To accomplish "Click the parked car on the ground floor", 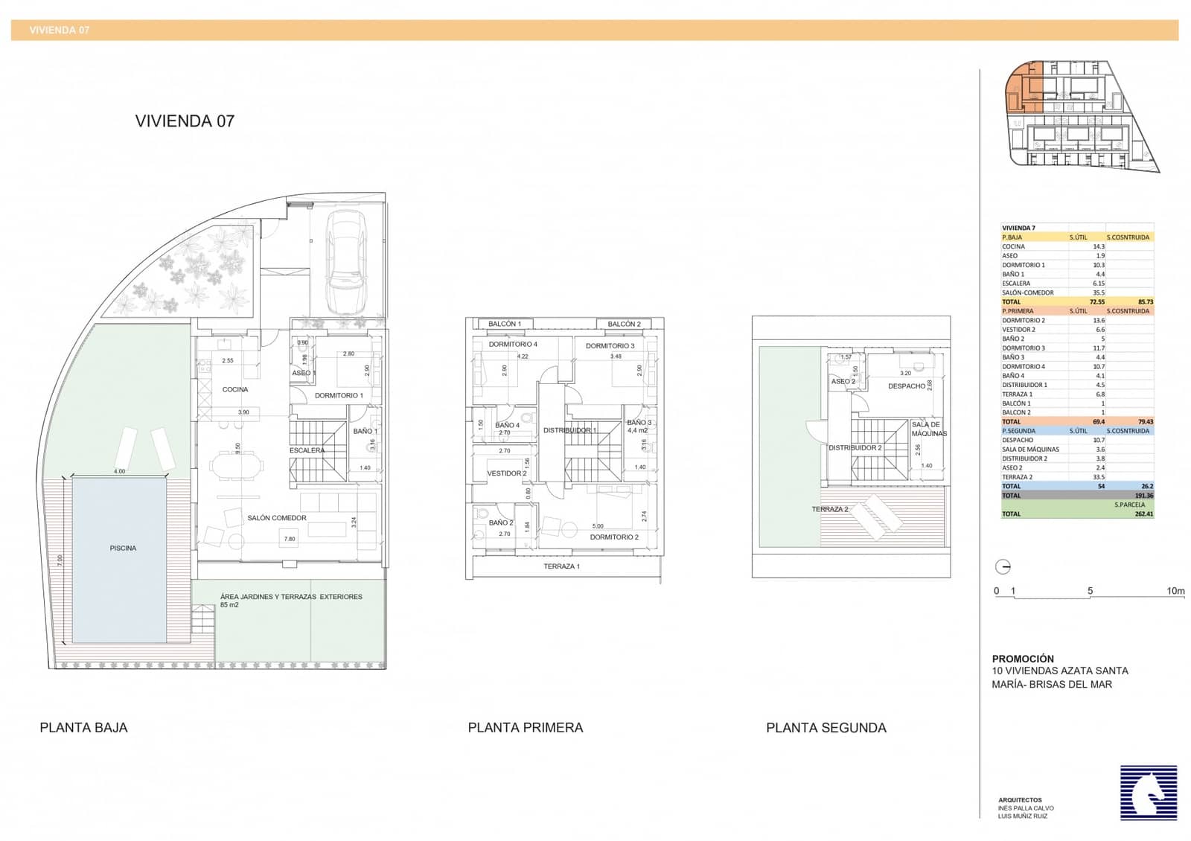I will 347,262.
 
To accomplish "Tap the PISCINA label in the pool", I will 123,549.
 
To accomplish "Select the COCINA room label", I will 235,389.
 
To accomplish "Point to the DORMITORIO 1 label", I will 339,395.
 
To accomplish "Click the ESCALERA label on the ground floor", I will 307,450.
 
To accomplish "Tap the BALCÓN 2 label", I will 624,324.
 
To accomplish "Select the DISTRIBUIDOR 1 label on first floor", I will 569,430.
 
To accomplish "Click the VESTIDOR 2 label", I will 506,473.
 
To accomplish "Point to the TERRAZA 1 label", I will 561,566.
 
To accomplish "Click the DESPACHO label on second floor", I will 906,386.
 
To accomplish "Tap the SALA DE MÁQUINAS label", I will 928,429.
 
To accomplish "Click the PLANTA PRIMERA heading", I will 525,728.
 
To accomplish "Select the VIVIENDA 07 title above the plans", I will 185,121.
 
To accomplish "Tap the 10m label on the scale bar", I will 1175,591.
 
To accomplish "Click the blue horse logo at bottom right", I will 1149,793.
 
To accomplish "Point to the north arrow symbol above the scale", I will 1003,567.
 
